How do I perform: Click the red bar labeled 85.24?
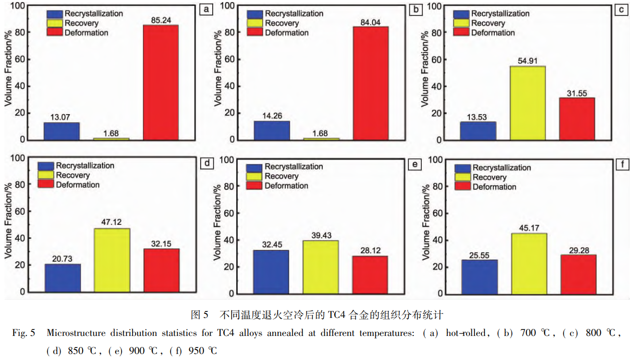(x=161, y=82)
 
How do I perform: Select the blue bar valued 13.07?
(x=62, y=131)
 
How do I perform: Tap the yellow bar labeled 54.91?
(x=527, y=103)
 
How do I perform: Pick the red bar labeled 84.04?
(x=371, y=83)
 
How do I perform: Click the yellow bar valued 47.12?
(x=112, y=260)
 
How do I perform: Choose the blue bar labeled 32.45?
(x=271, y=271)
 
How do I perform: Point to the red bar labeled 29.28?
(x=578, y=274)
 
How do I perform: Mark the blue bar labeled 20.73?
(x=63, y=277)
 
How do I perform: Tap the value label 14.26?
(x=272, y=116)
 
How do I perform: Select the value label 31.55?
(x=577, y=93)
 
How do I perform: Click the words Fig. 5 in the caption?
(x=24, y=333)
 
